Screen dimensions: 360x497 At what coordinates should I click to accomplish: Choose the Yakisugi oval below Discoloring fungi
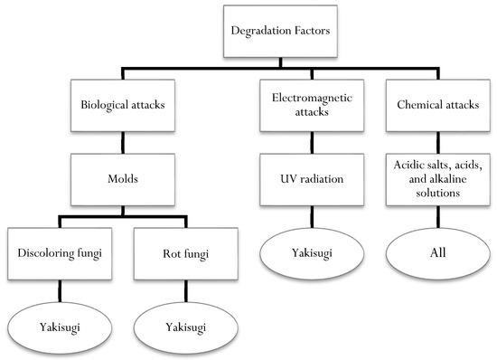coord(60,326)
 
